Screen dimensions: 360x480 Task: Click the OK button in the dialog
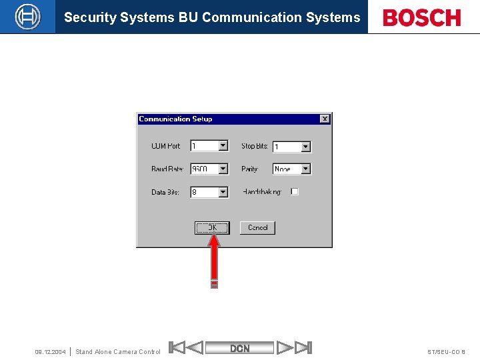coord(212,228)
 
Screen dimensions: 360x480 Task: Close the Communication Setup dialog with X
coord(325,119)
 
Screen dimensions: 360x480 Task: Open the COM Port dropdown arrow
coord(223,146)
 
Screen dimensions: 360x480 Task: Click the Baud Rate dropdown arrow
coord(223,169)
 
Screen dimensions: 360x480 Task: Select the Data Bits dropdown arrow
coord(223,192)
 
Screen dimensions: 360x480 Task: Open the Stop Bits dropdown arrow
coord(305,147)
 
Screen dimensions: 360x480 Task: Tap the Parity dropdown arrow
coord(305,169)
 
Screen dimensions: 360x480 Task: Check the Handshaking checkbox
coord(295,191)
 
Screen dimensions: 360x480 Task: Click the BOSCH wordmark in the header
coord(422,17)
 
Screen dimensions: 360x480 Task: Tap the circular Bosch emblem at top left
coord(27,17)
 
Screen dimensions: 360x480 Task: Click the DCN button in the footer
coord(240,348)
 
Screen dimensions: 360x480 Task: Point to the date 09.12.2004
coord(50,352)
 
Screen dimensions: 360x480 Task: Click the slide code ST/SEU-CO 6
coord(446,352)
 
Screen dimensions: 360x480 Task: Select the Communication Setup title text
coord(175,119)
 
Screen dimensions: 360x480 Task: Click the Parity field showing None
coord(286,169)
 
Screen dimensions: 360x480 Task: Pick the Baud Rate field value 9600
coord(204,169)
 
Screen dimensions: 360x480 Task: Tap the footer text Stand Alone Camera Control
coord(118,352)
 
